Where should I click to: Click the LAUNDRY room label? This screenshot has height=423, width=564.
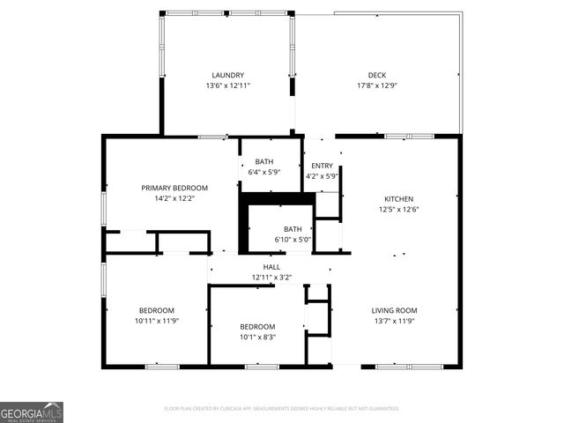click(227, 75)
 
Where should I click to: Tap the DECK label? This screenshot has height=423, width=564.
click(377, 75)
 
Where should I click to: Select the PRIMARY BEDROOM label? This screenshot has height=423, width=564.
click(174, 188)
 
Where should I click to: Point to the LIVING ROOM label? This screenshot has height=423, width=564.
click(394, 310)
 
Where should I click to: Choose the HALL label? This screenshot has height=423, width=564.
click(271, 267)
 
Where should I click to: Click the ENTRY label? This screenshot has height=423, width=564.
click(322, 166)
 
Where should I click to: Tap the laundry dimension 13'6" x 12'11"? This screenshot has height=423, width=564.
click(227, 85)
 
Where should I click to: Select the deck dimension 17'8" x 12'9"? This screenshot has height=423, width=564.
click(377, 85)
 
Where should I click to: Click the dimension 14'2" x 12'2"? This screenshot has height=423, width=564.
click(174, 198)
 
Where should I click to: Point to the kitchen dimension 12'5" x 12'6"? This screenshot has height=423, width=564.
click(398, 210)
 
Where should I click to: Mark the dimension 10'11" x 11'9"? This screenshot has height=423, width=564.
click(156, 321)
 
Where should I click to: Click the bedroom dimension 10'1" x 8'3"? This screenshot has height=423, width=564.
click(257, 337)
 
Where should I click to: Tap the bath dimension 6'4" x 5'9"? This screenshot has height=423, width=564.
click(264, 172)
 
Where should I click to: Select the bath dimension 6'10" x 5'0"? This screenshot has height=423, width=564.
click(280, 240)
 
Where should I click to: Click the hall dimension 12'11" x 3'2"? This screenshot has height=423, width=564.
click(271, 278)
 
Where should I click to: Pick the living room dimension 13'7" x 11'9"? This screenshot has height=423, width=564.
click(394, 321)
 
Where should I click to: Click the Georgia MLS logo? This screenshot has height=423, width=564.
click(32, 412)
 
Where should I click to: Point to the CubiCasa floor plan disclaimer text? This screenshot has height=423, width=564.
click(282, 409)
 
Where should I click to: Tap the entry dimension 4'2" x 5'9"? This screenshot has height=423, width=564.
click(322, 176)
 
